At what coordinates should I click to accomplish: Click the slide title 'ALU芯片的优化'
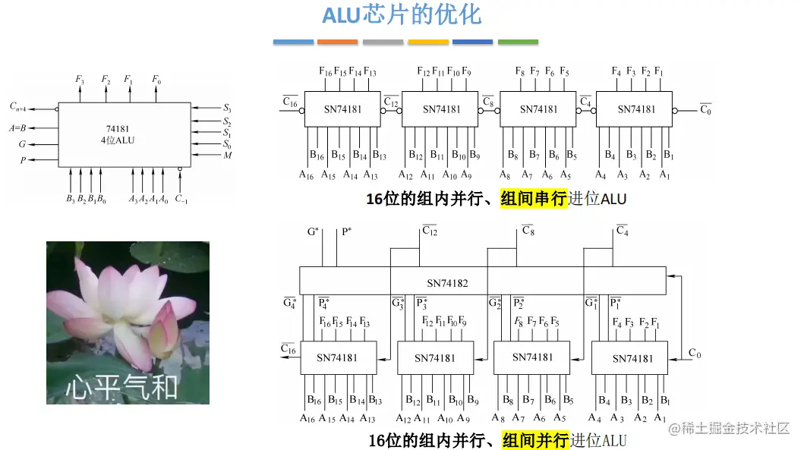402,14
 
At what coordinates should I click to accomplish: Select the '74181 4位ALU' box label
118,134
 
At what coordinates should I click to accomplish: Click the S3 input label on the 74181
227,109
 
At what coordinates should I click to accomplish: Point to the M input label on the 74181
227,156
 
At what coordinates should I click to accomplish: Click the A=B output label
17,128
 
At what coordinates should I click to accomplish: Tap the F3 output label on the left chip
80,79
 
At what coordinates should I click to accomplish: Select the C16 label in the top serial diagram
289,102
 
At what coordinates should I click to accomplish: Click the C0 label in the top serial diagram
705,109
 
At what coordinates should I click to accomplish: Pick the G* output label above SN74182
313,231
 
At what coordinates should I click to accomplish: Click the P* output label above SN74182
345,231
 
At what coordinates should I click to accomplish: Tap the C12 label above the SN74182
429,230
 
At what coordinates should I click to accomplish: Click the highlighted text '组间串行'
534,200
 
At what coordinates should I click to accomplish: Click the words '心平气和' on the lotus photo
121,387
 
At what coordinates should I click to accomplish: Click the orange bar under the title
338,42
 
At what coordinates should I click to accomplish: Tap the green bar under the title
518,42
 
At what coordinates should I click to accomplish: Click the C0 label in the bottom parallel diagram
695,353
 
